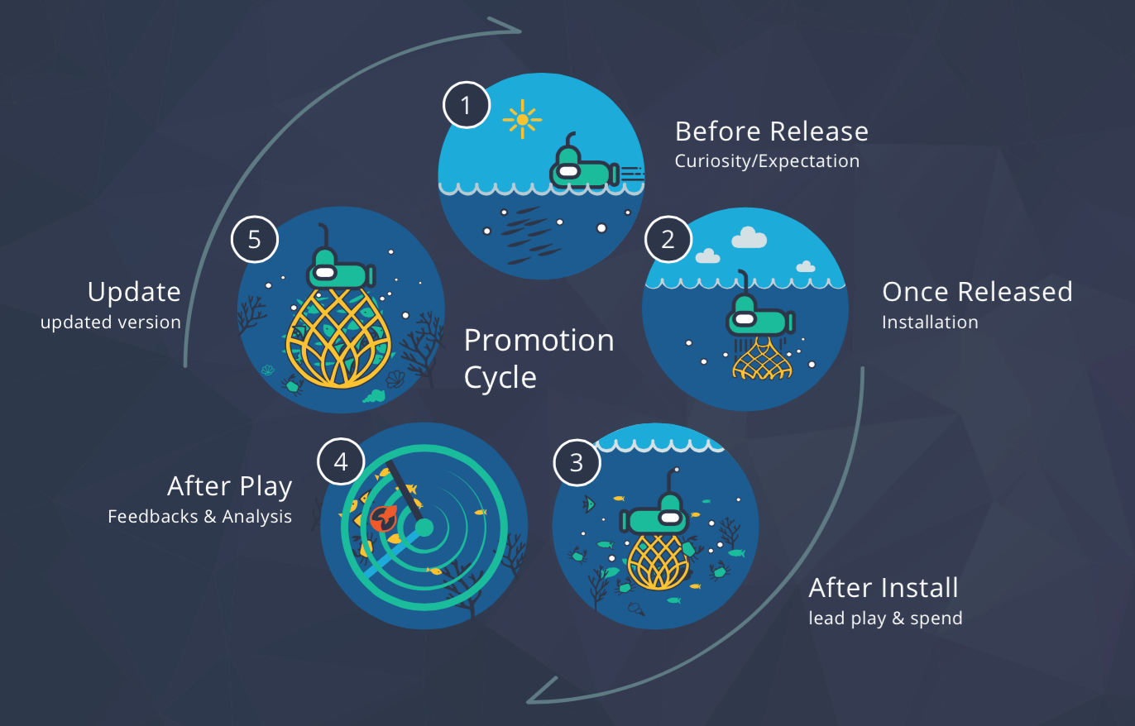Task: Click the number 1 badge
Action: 467,106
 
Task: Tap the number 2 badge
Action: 668,239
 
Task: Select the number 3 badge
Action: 576,462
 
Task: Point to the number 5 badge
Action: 254,239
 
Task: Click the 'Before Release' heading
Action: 771,131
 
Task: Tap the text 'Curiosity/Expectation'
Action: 767,161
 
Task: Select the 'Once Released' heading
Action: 977,292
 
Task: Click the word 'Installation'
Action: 930,322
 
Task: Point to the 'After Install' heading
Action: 884,588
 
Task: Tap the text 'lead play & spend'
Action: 885,619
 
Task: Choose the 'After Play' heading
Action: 230,486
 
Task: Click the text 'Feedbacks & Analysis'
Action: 199,517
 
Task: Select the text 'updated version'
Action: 111,322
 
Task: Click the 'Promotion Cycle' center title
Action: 539,358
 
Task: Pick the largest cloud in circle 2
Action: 749,238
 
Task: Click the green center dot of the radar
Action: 424,527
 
